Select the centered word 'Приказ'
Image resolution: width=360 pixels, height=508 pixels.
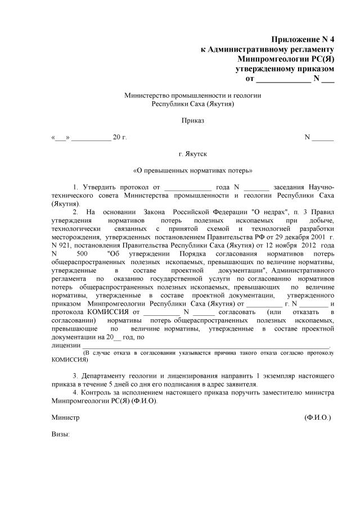(192, 120)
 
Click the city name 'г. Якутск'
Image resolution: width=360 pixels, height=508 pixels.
(192, 153)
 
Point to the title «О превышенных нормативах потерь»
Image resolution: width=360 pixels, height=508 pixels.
(192, 170)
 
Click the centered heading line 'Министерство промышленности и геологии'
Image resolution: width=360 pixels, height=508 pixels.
(192, 96)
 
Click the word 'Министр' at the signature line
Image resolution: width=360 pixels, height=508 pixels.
(65, 418)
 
